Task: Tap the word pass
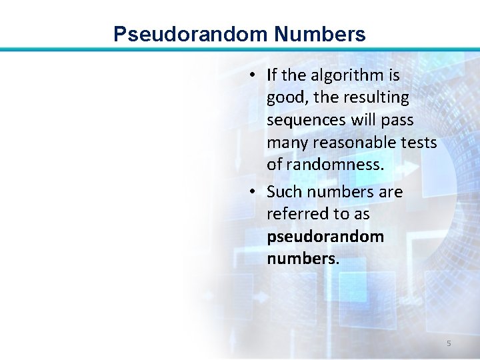(398, 120)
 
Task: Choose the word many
(286, 143)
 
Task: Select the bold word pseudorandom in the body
(325, 237)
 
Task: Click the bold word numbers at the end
(302, 259)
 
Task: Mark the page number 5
(449, 343)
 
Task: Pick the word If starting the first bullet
(271, 75)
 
